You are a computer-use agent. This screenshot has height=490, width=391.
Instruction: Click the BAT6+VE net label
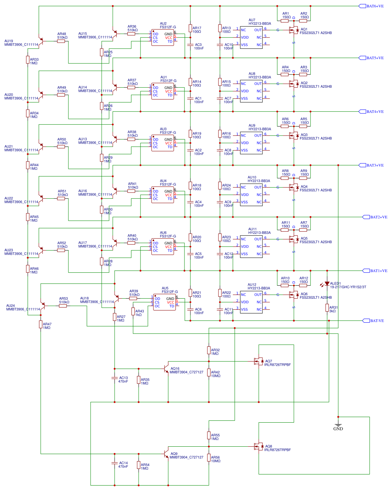point(375,6)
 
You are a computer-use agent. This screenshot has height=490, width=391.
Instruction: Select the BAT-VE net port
point(377,321)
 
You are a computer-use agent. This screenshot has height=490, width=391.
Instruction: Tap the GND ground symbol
point(338,426)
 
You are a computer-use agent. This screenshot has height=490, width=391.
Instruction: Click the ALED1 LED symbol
point(327,284)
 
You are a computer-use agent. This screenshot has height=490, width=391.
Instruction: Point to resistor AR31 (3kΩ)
point(327,308)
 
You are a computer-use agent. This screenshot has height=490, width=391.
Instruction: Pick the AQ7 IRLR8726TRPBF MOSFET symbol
point(258,361)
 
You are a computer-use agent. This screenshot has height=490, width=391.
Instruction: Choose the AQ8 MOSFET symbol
point(258,446)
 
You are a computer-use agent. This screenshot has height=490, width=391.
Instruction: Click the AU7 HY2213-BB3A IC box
point(251,37)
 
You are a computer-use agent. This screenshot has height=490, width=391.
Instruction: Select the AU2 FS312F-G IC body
point(163,38)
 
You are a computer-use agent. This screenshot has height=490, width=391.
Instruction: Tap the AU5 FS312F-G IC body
point(164,302)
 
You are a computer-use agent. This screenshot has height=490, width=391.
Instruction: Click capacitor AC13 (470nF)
point(115,378)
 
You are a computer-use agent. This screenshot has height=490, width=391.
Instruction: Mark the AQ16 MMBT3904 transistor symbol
point(166,369)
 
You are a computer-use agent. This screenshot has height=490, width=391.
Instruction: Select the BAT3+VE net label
point(375,165)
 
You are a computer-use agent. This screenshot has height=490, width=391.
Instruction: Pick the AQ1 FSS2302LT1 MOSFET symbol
point(294,30)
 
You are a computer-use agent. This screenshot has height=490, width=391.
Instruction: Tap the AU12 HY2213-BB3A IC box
point(251,302)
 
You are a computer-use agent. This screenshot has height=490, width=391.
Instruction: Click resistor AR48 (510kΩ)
point(61,41)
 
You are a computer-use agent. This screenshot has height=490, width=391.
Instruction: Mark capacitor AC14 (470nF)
point(115,463)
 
